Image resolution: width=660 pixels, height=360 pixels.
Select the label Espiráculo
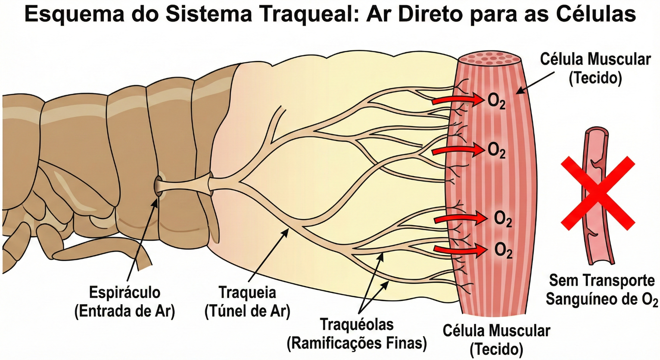pos(125,293)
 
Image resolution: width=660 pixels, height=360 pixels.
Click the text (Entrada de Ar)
pos(125,311)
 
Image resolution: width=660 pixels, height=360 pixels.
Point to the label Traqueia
pos(247,293)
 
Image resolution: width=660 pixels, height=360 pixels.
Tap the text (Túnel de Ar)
pos(247,311)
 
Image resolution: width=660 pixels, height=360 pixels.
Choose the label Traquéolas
pos(357,325)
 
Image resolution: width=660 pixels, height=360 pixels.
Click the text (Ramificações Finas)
pos(357,343)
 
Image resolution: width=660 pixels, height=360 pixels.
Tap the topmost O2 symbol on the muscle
pos(496,101)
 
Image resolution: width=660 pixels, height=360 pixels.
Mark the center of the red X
pos(598,193)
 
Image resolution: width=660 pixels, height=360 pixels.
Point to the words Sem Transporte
pos(602,280)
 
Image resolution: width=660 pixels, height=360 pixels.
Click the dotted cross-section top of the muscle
pos(490,58)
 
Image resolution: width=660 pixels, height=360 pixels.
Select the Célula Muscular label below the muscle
pos(496,331)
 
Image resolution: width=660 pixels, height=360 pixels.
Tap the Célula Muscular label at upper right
pos(595,59)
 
